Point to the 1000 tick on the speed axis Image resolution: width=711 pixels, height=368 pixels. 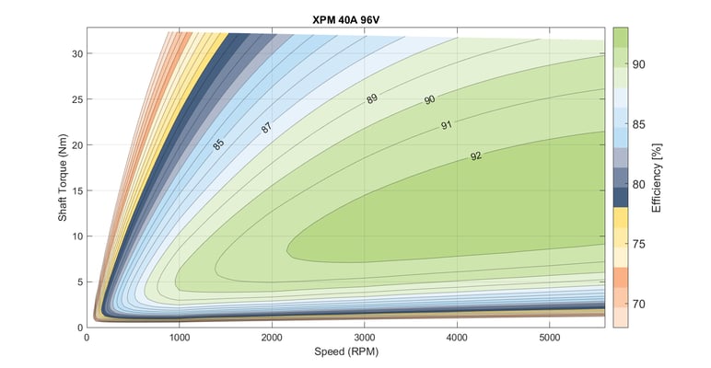coord(180,338)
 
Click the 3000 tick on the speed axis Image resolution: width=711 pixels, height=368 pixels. coord(365,338)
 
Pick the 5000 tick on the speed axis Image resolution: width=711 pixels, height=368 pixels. coord(550,338)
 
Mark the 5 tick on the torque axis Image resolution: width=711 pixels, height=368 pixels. coord(77,282)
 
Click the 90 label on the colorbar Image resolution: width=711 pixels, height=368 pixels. coord(637,63)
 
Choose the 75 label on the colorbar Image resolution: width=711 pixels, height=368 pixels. coord(637,244)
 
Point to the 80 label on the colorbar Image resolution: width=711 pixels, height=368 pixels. coord(637,184)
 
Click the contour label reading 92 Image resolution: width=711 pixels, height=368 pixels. coord(475,156)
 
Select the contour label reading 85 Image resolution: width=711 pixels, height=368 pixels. coord(218,144)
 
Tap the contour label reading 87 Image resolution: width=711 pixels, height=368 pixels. coord(266,128)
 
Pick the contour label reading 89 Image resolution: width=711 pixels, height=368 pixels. coord(372,98)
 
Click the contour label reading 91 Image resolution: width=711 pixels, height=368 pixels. coord(446,125)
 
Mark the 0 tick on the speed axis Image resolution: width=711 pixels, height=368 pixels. coord(87,338)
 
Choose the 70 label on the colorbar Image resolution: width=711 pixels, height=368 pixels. coord(637,304)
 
